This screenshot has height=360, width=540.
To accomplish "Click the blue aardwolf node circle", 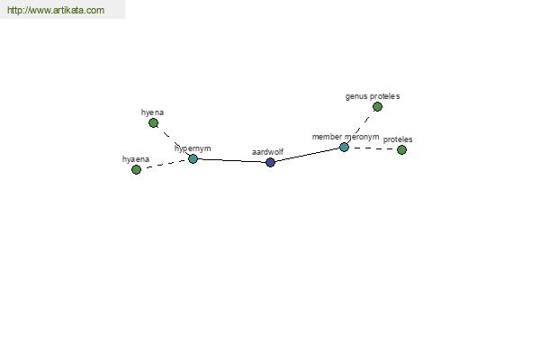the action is pos(270,162).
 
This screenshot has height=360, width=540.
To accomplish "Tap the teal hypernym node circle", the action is pos(193,158).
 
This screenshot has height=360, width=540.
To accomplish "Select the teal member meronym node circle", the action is pos(344,147).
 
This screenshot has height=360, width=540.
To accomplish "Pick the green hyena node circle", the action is pos(153,122).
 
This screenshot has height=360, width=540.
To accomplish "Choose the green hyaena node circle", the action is pos(137,169).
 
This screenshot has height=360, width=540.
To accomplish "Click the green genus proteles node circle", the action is pos(377,107).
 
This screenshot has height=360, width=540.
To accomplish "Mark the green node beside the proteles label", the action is pos(401,149).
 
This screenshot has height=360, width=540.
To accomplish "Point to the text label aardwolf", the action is pos(267,152).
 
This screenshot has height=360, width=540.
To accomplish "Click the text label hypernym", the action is pos(193,148).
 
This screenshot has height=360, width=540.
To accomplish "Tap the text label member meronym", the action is pos(346,137).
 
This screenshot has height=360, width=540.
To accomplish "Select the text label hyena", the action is pos(152,112).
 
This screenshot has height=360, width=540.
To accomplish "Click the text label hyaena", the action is pos(136,159).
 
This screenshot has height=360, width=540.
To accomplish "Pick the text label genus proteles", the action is pos(373,96).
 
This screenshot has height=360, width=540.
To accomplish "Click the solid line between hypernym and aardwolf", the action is pos(232,160).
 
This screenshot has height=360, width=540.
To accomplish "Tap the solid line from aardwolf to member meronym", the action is pos(307,155).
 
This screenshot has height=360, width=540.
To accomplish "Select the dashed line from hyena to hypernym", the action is pos(173,140).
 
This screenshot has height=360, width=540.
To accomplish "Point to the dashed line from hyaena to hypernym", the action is pos(165,165).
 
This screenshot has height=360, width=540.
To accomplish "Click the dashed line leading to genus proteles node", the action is pos(360,128).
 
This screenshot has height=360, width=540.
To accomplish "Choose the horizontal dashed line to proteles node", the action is pos(373,148).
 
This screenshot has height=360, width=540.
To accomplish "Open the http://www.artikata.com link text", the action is pos(56,10).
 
